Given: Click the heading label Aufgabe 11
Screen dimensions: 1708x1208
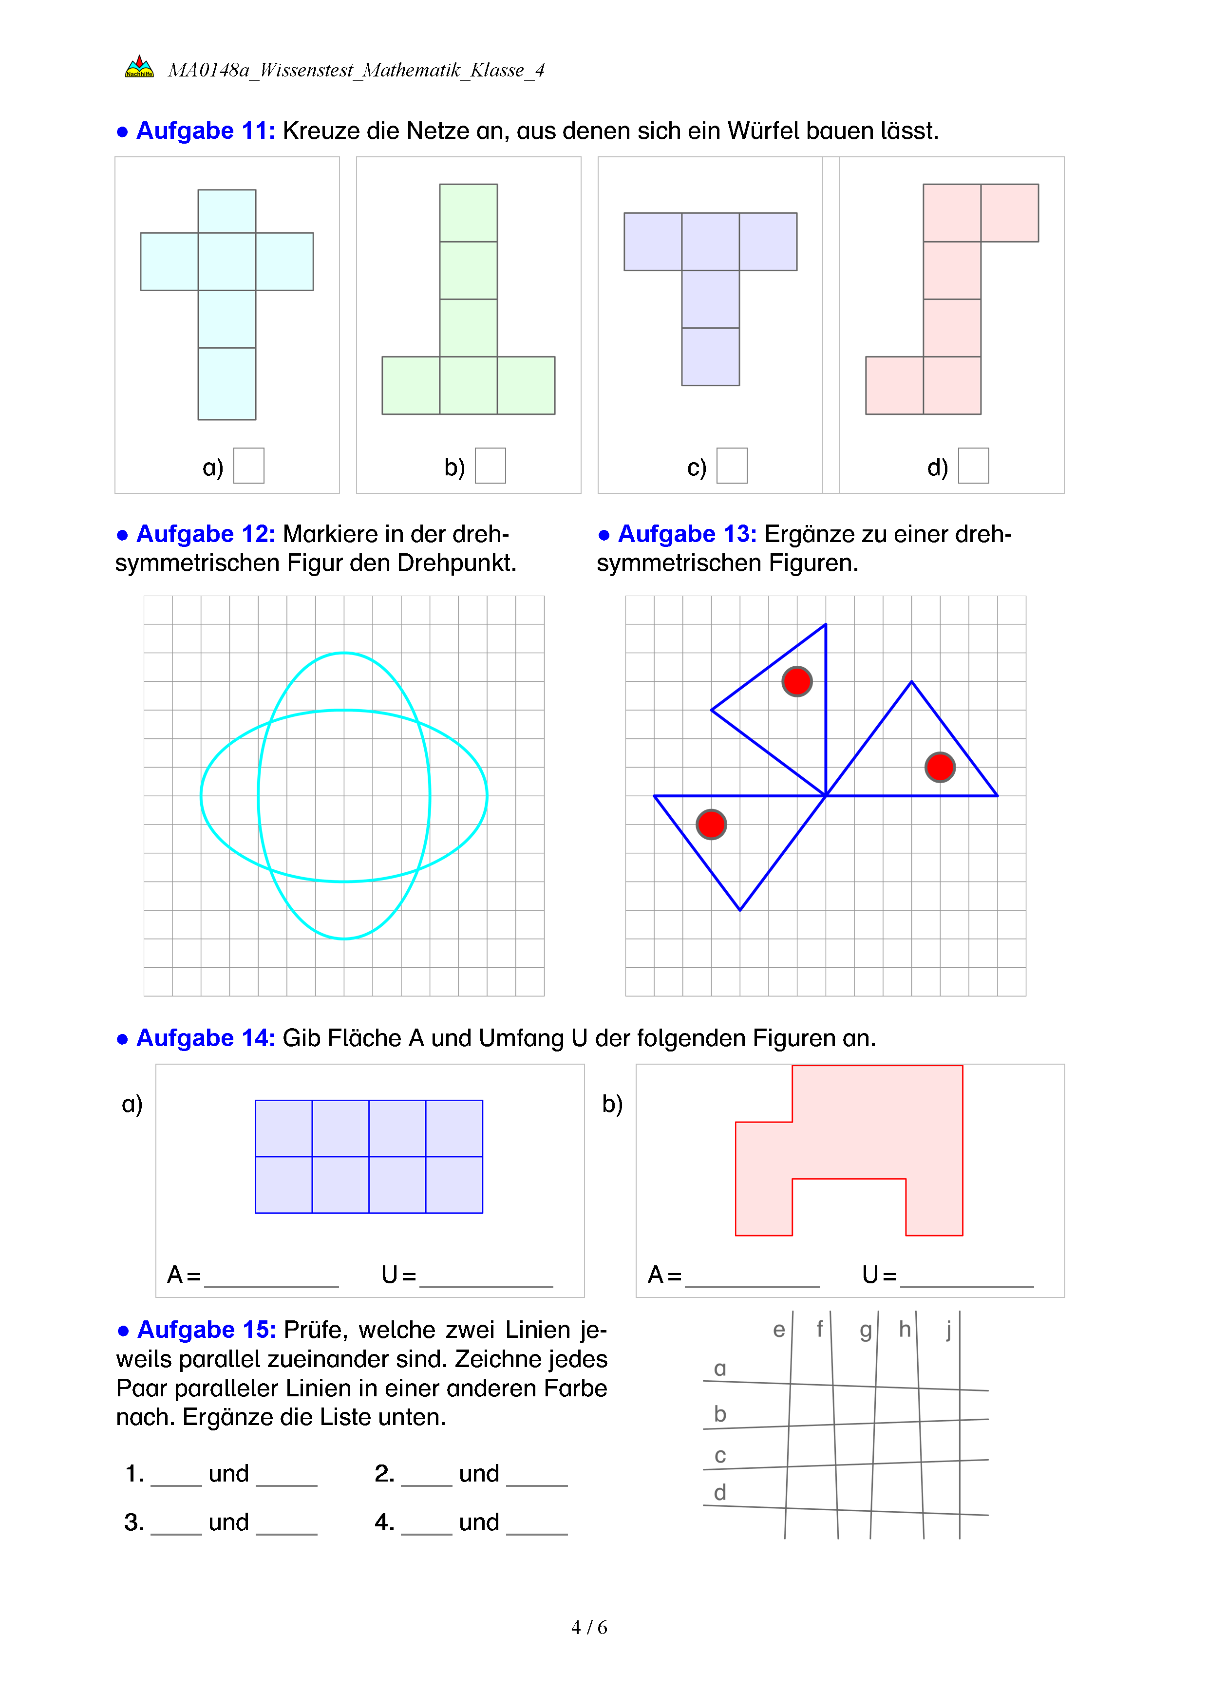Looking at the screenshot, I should click(205, 131).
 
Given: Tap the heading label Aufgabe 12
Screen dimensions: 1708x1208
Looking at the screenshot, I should click(205, 534).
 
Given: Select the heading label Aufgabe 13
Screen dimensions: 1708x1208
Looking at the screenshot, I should click(687, 534).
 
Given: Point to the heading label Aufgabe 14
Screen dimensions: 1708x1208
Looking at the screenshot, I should click(205, 1038).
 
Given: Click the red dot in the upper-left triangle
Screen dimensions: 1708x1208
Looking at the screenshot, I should click(797, 681).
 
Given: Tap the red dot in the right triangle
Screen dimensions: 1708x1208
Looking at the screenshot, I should click(940, 767).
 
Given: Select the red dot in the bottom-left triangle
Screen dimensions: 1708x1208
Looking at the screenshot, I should click(711, 824).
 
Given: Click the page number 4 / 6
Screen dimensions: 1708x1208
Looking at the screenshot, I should click(589, 1628).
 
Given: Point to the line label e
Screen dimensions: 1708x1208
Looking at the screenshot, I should click(779, 1330).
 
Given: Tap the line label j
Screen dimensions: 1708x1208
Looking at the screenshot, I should click(948, 1330).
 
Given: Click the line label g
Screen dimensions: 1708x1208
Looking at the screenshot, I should click(865, 1330).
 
